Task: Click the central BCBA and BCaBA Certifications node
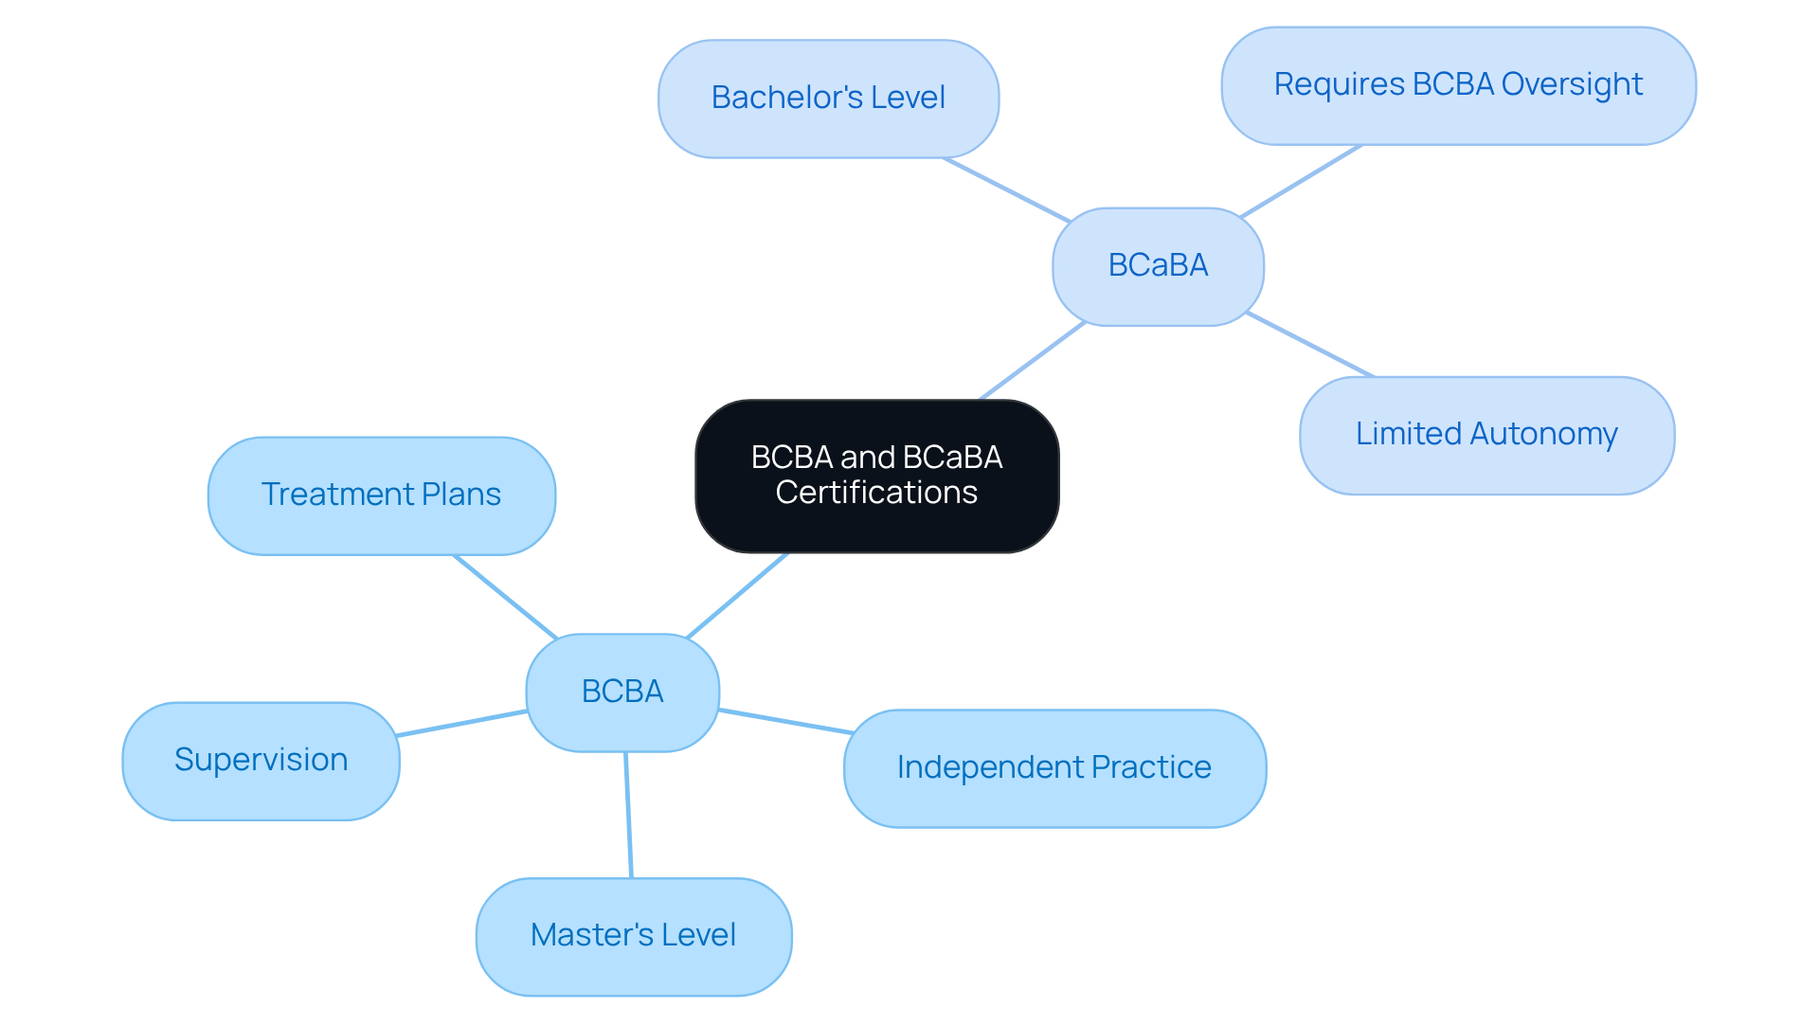876,476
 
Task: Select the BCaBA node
1158,266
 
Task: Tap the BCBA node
622,693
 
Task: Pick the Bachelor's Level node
828,99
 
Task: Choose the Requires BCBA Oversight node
1458,85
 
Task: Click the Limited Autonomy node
1486,435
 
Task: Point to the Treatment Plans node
381,495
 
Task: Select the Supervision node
261,761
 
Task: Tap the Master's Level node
633,936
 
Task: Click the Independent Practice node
1054,768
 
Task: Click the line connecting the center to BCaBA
1033,361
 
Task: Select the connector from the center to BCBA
737,595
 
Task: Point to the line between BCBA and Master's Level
628,815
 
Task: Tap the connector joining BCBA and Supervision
462,723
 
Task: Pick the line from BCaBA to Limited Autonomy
1310,345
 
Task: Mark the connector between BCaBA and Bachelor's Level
1006,189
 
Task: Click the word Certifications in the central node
876,494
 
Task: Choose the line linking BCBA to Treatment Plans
505,596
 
